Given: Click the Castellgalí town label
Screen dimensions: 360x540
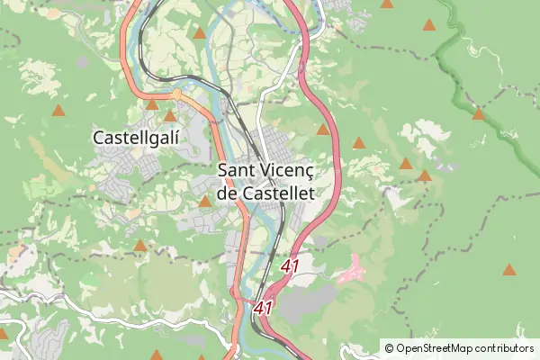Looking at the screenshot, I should pos(137,138).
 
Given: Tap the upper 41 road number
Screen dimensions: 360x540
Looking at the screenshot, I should pos(290,266).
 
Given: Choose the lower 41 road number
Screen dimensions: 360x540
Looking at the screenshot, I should pos(263,307).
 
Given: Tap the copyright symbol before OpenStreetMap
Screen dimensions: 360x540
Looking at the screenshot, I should pos(390,347).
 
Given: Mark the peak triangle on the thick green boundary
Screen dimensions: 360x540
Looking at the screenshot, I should pos(479,113).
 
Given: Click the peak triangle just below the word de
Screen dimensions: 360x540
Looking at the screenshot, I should pos(205,202).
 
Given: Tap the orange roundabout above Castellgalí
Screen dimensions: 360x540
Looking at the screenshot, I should pos(177,93).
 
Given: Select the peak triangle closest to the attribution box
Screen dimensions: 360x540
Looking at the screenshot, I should pos(510,268).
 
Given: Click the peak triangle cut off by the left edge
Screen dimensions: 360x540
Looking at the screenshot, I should pos(3,332).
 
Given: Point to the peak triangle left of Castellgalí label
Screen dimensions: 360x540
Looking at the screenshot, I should pos(58,111).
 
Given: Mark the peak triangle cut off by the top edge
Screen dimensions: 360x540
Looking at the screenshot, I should pos(386,4).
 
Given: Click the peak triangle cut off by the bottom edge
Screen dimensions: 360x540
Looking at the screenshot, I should pos(157,355).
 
